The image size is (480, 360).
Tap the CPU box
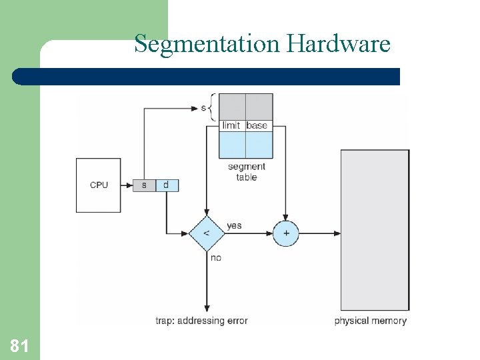99,185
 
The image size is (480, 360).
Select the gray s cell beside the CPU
144,185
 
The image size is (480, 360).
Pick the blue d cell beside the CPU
167,185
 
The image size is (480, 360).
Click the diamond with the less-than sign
206,233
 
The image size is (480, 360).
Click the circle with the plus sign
286,233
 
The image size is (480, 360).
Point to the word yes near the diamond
234,225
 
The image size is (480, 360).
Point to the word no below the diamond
215,257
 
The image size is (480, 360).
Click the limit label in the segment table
231,125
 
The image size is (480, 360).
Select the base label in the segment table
257,125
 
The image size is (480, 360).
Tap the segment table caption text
246,172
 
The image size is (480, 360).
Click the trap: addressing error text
201,321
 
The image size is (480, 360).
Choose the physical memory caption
370,321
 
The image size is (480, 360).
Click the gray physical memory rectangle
375,229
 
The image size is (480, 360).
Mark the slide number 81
19,346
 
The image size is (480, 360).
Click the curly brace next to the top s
213,107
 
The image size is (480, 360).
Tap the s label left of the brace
203,107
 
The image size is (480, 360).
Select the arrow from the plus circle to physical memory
320,233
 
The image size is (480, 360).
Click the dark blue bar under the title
207,76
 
